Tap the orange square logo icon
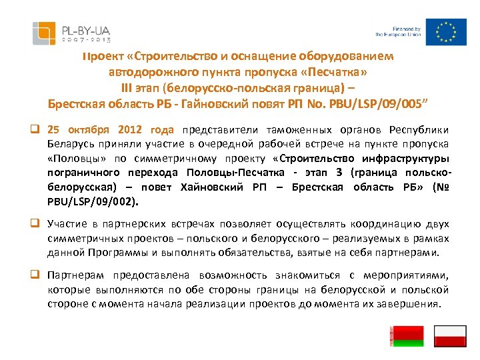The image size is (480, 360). point(44,31)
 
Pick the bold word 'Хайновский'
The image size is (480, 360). point(213,187)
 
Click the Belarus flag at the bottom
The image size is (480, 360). point(406,336)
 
